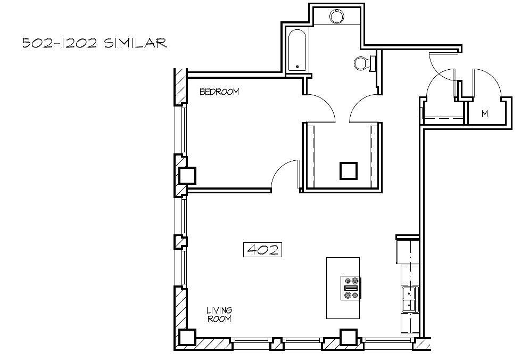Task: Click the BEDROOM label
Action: (x=219, y=92)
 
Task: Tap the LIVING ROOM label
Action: (x=219, y=314)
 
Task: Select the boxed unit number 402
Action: (x=262, y=250)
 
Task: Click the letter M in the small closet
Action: (x=485, y=114)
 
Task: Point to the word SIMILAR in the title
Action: (x=135, y=43)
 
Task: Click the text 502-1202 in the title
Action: (x=60, y=44)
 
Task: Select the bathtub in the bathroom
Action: (x=297, y=50)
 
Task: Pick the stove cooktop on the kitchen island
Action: (x=351, y=288)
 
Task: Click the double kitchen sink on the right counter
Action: (x=409, y=299)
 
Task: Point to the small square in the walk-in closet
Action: (x=349, y=171)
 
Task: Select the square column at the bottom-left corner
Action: (x=187, y=338)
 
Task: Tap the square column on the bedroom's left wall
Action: (x=187, y=176)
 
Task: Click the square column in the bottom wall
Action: (x=349, y=338)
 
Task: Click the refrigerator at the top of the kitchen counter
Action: (x=407, y=251)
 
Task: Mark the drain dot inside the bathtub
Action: (x=297, y=67)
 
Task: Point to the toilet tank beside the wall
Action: (x=373, y=63)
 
